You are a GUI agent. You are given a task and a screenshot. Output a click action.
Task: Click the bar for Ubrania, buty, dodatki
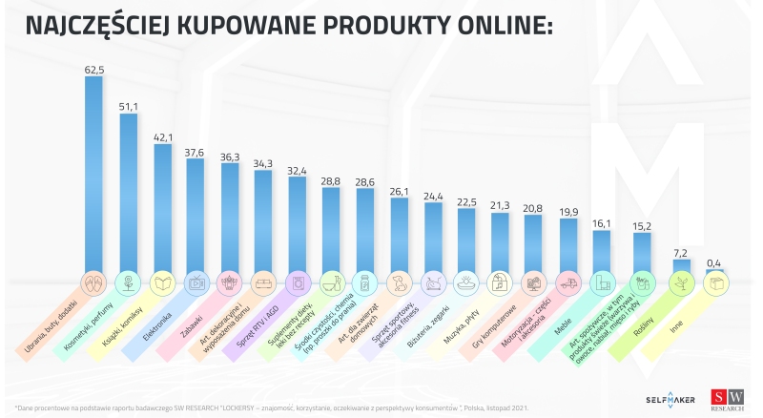point(93,172)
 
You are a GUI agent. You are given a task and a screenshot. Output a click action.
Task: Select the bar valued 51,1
point(128,191)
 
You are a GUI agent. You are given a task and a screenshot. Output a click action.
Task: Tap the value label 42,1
point(162,136)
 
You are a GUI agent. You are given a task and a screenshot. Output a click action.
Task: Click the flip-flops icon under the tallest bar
point(93,282)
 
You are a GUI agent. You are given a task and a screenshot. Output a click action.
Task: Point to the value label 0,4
point(712,261)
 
